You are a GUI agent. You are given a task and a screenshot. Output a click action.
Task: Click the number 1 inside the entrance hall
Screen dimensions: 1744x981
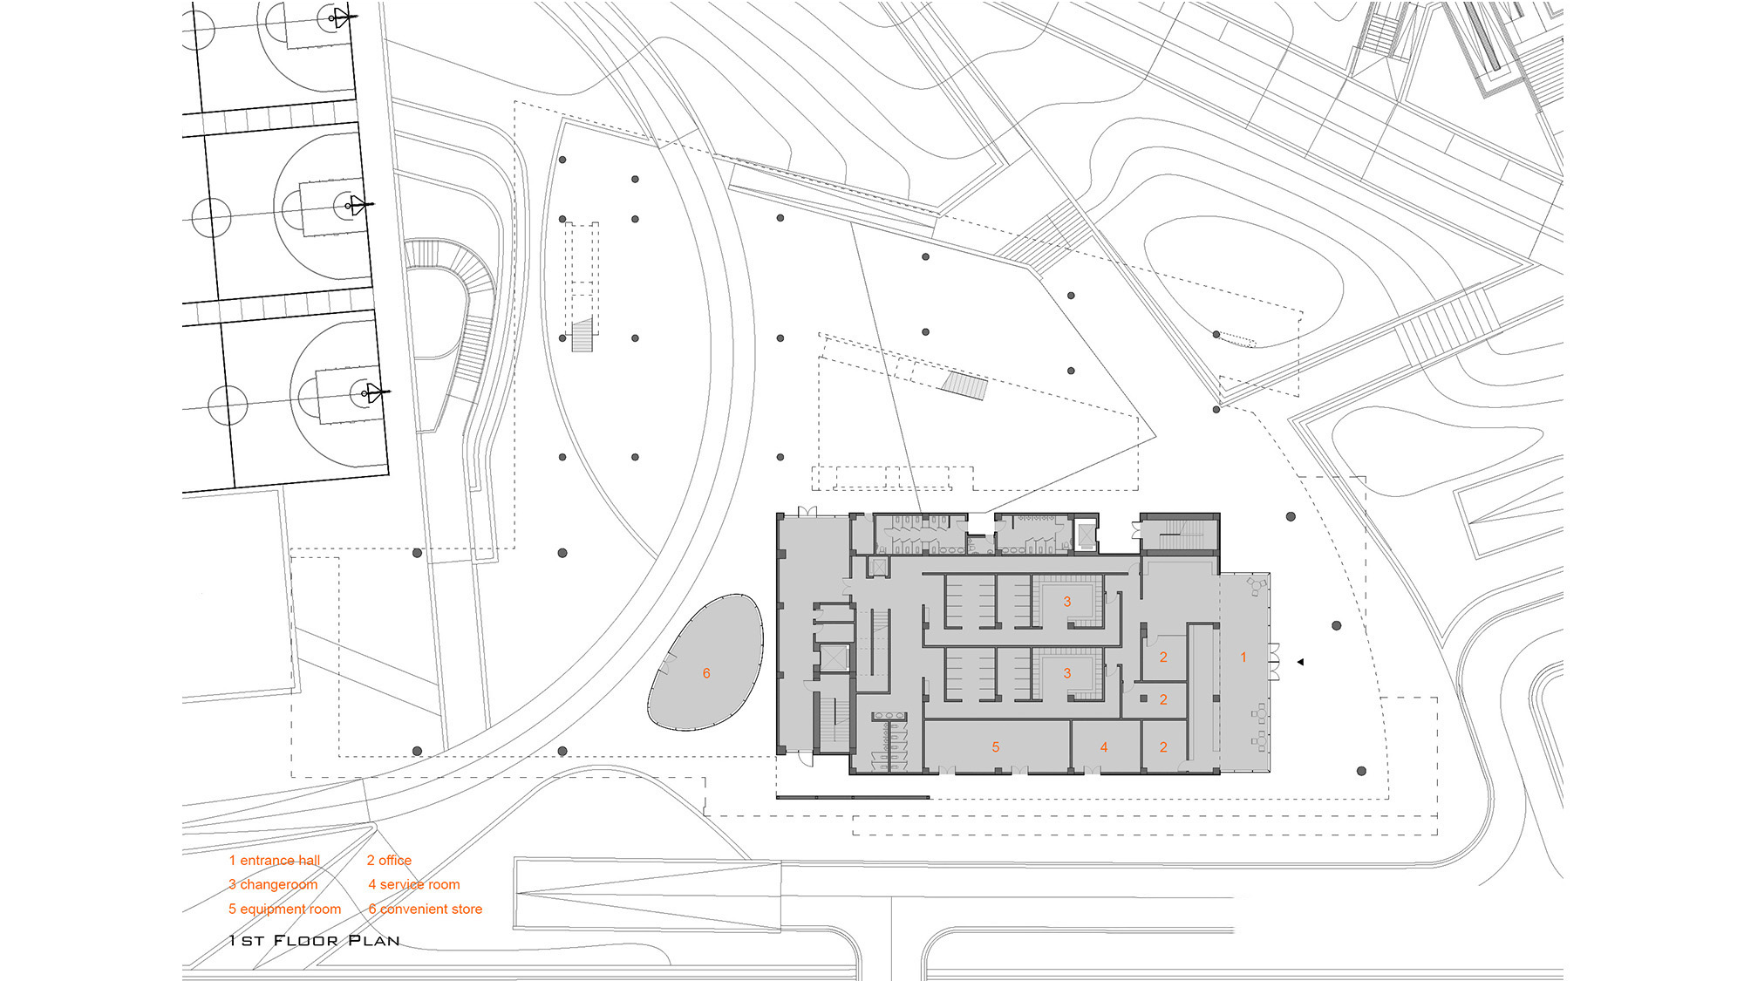[1243, 657]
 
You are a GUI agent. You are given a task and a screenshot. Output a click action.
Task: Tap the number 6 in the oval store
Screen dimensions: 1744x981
[706, 673]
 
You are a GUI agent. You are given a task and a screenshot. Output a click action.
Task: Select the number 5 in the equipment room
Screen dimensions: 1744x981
[996, 747]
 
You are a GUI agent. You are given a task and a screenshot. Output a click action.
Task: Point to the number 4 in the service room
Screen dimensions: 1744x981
[1104, 747]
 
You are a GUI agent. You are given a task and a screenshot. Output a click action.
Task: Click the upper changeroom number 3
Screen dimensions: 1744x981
[1067, 602]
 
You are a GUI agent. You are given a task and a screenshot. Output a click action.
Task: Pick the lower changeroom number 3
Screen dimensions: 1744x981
[1067, 673]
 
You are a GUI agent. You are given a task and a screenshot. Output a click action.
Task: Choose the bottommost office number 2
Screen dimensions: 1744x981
[1163, 747]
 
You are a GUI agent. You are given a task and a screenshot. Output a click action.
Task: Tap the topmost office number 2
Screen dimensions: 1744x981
[1163, 657]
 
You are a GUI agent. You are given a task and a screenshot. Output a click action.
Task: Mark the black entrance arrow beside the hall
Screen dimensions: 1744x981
[1300, 663]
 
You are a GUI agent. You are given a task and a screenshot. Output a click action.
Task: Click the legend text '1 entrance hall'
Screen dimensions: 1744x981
[275, 861]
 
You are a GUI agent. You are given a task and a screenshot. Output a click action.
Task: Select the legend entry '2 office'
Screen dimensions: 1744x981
[389, 861]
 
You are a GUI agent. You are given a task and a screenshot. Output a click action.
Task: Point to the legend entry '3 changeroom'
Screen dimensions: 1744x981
[273, 885]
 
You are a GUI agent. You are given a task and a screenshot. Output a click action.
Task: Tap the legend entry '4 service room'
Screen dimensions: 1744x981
[414, 885]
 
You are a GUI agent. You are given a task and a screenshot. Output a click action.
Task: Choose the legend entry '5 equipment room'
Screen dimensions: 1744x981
[285, 909]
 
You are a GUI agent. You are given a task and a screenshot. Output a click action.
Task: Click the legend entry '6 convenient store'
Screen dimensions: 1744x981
[426, 909]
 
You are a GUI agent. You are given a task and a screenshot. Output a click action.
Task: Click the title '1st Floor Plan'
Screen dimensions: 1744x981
[315, 941]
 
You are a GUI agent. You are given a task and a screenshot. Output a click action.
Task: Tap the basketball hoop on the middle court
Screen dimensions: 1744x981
[356, 206]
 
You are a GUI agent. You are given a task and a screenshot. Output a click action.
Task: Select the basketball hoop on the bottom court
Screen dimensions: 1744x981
[373, 393]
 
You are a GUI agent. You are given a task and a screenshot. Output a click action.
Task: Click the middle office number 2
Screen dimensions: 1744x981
[1163, 700]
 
